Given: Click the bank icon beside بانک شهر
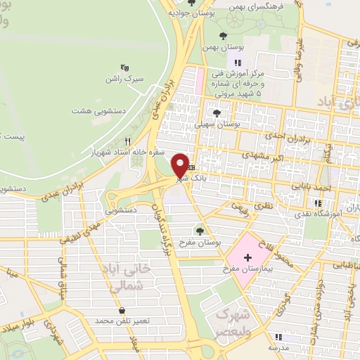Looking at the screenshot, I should [191, 167].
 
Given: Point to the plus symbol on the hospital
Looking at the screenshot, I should [247, 258].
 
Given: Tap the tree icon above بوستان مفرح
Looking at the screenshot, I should [200, 230].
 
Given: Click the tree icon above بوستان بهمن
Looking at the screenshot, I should [224, 35].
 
